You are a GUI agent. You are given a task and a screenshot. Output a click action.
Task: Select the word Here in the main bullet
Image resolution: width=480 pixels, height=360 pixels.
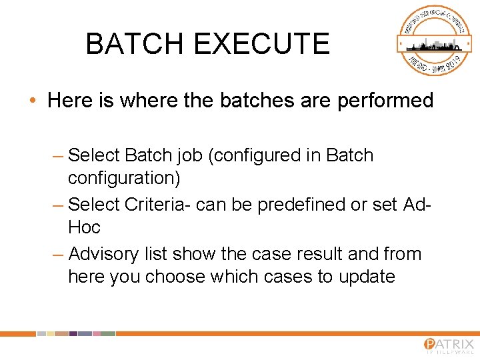click(x=69, y=101)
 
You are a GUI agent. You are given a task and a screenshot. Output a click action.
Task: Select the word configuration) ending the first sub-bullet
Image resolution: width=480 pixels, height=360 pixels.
click(x=124, y=178)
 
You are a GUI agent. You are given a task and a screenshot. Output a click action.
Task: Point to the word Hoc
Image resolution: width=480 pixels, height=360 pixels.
click(x=84, y=227)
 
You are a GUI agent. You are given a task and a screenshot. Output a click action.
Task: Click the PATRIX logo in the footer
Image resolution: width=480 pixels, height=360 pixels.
click(x=448, y=345)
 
